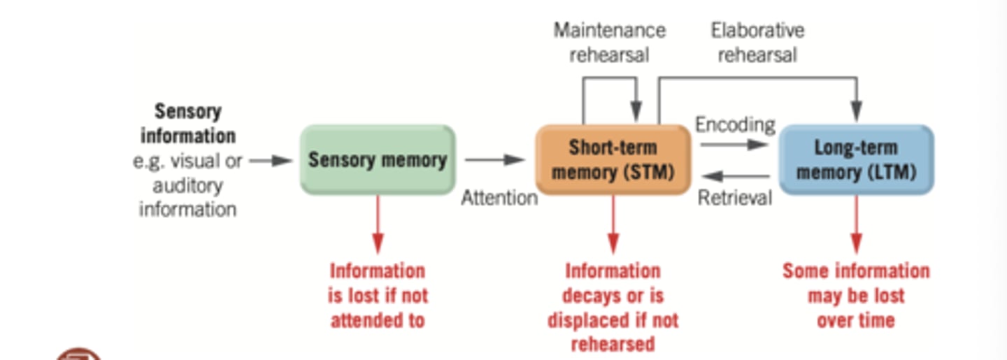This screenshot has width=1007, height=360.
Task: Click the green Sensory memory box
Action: (x=377, y=159)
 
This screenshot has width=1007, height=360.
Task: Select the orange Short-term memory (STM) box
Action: (x=613, y=159)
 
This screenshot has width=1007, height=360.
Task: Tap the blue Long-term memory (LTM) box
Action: (x=856, y=159)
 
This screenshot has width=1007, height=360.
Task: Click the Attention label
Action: (x=499, y=198)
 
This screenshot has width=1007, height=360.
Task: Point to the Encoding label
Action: (x=735, y=124)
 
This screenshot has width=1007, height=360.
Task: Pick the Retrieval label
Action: (x=735, y=198)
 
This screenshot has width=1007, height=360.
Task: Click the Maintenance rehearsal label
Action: (x=609, y=42)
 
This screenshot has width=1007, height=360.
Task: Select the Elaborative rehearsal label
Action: (x=757, y=42)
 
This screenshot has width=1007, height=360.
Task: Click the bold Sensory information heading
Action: (x=187, y=123)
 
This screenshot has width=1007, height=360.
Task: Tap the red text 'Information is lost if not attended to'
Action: (x=378, y=295)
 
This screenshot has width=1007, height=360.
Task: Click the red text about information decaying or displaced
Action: (x=613, y=308)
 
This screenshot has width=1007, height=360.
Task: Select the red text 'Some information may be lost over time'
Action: (x=856, y=295)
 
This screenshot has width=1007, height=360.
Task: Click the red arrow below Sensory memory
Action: (x=378, y=224)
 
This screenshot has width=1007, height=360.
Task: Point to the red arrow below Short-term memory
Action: (x=613, y=224)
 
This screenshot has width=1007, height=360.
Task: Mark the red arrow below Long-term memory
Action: (x=856, y=224)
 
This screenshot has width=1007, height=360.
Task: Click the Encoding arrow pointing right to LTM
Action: (x=734, y=145)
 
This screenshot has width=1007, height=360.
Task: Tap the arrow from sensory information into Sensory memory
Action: (x=271, y=161)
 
